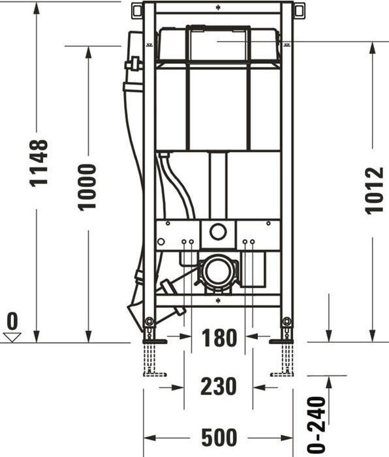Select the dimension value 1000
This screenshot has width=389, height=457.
[x=87, y=186]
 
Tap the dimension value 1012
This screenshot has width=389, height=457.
[x=374, y=191]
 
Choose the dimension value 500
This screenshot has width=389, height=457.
[x=219, y=437]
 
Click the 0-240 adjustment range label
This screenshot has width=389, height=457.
[x=317, y=424]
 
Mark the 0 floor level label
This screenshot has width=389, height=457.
[x=12, y=321]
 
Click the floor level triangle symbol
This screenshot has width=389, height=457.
[x=12, y=336]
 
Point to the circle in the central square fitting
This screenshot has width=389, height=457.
[x=217, y=231]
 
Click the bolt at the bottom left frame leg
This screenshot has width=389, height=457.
[x=149, y=322]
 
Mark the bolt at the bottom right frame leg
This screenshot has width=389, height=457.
[x=286, y=322]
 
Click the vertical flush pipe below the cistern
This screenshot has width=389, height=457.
[x=217, y=186]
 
